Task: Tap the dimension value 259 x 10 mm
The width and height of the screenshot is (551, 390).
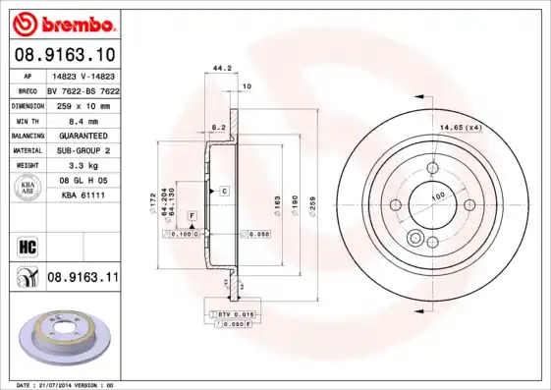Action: pyautogui.click(x=83, y=103)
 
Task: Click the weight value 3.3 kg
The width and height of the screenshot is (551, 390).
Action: pyautogui.click(x=83, y=166)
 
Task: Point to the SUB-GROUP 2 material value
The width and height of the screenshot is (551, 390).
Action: pyautogui.click(x=83, y=150)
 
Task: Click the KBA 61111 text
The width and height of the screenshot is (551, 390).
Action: pyautogui.click(x=83, y=196)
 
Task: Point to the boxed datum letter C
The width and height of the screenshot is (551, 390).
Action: pyautogui.click(x=224, y=190)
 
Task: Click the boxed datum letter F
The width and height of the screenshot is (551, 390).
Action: pyautogui.click(x=192, y=215)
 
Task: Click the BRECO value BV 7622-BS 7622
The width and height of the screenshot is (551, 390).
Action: pyautogui.click(x=83, y=88)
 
